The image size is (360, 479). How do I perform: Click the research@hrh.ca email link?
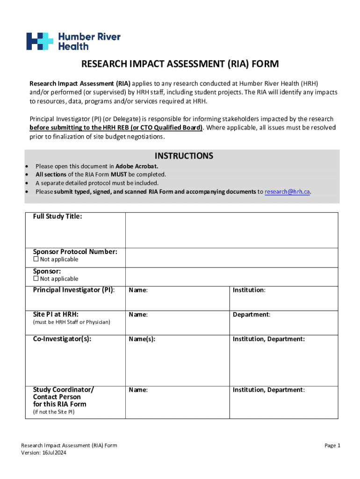[x=287, y=192]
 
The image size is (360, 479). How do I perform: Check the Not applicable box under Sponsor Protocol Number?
[x=36, y=260]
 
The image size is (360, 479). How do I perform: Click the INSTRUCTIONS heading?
[x=184, y=156]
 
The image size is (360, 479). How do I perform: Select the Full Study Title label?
[x=58, y=217]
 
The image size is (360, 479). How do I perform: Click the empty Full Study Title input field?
[x=231, y=230]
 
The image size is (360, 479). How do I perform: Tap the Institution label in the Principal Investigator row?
[x=249, y=290]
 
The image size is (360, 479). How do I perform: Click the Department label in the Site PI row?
[x=252, y=315]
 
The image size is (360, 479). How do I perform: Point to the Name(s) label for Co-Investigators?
[x=142, y=339]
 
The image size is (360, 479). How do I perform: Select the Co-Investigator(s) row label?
[x=62, y=339]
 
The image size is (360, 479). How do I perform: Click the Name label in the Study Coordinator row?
[x=138, y=390]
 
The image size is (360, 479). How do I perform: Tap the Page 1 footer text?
[x=332, y=446]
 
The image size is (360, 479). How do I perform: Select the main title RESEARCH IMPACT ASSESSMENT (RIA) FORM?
[x=180, y=64]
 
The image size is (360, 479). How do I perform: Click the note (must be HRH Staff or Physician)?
[x=72, y=322]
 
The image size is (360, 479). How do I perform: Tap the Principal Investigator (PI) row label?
[x=73, y=290]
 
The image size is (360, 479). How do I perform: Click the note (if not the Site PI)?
[x=53, y=412]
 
